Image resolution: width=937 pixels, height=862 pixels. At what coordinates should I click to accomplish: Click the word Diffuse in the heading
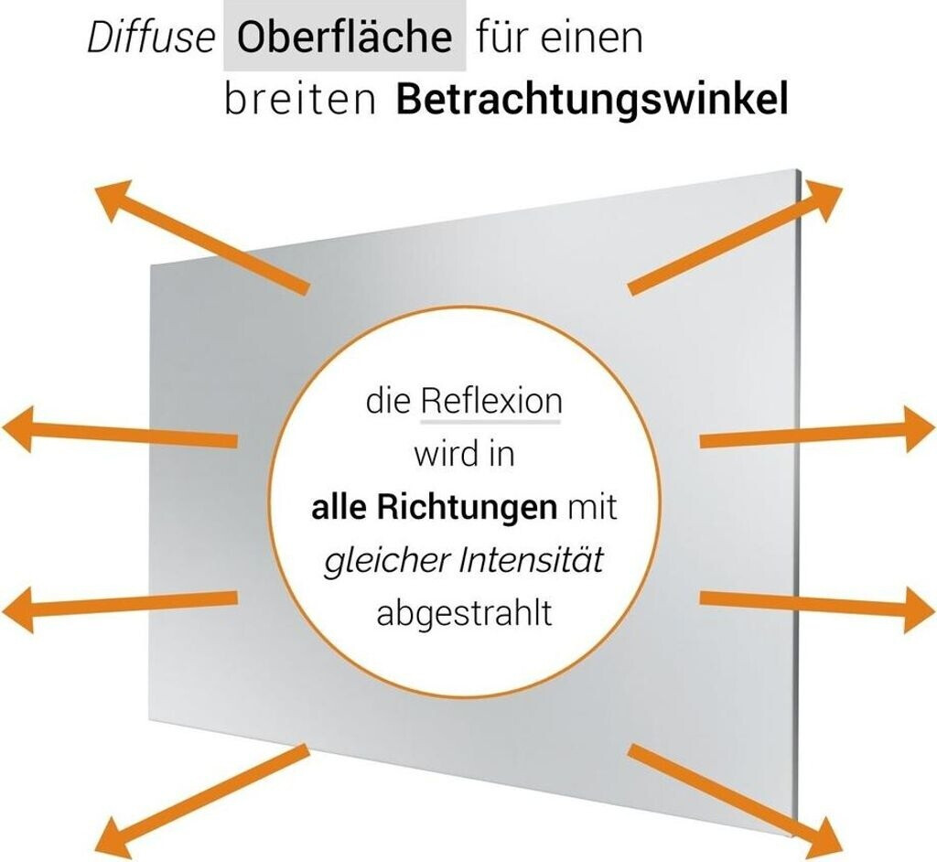(x=151, y=38)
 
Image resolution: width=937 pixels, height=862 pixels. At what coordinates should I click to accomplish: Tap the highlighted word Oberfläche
(x=345, y=38)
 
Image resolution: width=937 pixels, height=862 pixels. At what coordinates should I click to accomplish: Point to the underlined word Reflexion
(x=490, y=402)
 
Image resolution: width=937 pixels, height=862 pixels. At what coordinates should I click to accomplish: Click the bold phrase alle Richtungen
(x=434, y=508)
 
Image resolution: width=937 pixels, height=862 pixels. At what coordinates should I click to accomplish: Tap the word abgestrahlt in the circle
(x=465, y=613)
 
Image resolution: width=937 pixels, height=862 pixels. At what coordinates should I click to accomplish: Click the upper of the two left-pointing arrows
(x=119, y=433)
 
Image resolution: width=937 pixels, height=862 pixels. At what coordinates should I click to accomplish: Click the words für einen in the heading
(x=560, y=38)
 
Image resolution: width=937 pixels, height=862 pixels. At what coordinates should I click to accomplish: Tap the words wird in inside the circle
(x=465, y=455)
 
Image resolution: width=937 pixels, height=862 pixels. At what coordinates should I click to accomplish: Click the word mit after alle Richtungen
(x=592, y=508)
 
